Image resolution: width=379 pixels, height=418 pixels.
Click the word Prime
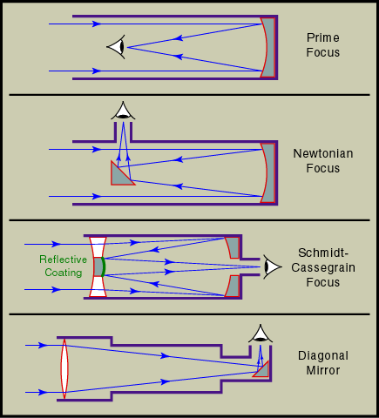pyautogui.click(x=323, y=37)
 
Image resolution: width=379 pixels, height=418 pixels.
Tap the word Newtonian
pyautogui.click(x=323, y=153)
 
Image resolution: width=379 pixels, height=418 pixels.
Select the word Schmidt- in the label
pyautogui.click(x=323, y=253)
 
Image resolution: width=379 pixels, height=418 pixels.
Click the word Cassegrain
pyautogui.click(x=323, y=267)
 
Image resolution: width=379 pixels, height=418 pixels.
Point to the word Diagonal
pyautogui.click(x=323, y=355)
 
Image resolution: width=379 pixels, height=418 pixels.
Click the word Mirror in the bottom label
pyautogui.click(x=323, y=370)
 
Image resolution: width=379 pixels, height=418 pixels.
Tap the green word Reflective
pyautogui.click(x=63, y=260)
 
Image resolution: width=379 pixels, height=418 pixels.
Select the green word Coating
pyautogui.click(x=64, y=273)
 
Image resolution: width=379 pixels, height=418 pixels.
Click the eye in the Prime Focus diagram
pyautogui.click(x=117, y=47)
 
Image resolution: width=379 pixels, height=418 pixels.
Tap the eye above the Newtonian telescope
pyautogui.click(x=123, y=111)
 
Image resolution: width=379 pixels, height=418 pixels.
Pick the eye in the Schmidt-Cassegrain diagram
pyautogui.click(x=272, y=266)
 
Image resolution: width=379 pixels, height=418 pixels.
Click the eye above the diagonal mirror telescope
pyautogui.click(x=261, y=334)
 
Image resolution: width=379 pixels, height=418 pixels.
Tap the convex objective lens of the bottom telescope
pyautogui.click(x=64, y=368)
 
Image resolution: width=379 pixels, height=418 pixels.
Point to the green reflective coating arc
pyautogui.click(x=104, y=266)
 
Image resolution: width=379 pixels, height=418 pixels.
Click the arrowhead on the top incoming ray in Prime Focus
pyautogui.click(x=97, y=24)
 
